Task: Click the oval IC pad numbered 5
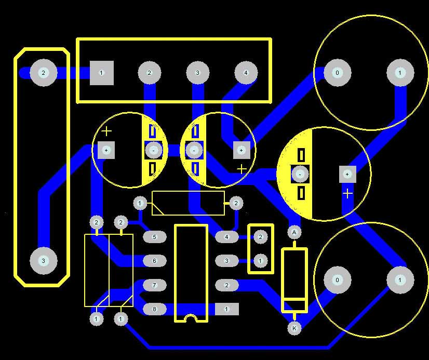154,237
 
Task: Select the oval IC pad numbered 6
154,261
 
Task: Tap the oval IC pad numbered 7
154,285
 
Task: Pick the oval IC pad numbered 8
154,309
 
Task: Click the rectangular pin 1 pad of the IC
226,309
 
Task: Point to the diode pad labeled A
294,232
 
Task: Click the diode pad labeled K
294,328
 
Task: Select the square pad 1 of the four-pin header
102,73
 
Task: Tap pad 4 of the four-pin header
246,73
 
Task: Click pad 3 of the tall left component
43,260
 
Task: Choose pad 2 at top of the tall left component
43,73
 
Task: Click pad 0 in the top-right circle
337,73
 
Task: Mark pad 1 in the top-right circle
400,73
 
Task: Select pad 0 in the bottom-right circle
337,281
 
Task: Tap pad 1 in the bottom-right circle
400,281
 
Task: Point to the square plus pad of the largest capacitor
347,174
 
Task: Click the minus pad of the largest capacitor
301,174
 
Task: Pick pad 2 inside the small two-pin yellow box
261,237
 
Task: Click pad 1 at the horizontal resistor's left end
140,203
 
